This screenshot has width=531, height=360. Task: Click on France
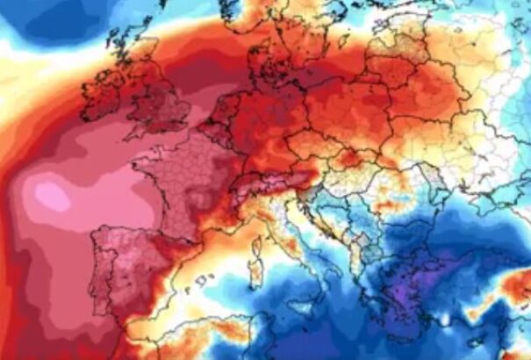tap(197, 180)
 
